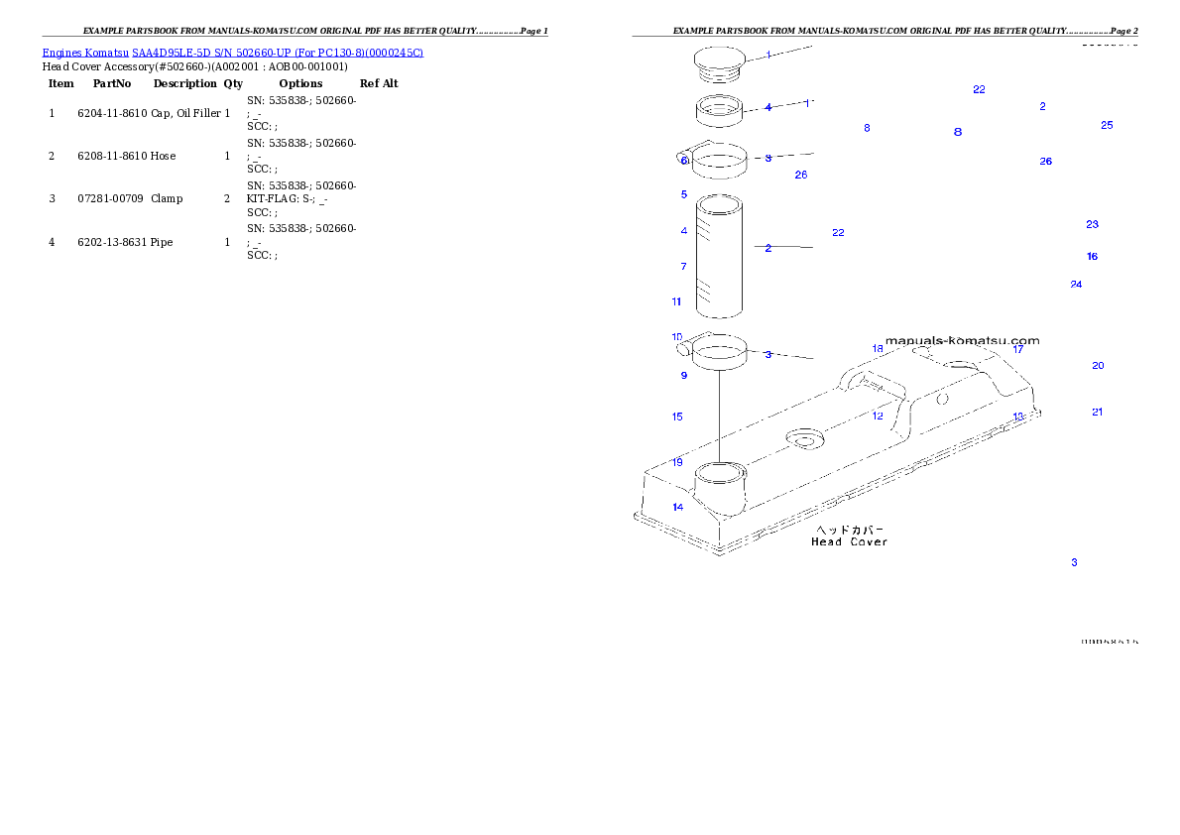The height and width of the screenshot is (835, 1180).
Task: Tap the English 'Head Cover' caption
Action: [849, 542]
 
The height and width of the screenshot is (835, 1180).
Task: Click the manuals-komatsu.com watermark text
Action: [962, 340]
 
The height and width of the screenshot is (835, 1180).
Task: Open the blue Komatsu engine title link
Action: [232, 53]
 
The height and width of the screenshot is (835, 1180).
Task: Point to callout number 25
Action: [1107, 125]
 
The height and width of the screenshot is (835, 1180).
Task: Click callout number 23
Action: [1092, 225]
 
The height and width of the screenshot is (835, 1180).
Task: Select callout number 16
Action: [1092, 257]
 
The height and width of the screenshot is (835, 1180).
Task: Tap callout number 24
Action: [1076, 285]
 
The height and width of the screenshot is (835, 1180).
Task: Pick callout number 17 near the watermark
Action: [1017, 349]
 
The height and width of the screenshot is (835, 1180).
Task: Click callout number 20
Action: [1098, 366]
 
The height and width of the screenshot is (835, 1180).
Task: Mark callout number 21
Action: [1097, 413]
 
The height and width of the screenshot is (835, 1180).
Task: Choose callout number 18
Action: [878, 348]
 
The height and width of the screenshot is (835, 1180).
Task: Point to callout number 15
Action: [677, 417]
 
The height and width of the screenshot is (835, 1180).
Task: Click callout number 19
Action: [677, 462]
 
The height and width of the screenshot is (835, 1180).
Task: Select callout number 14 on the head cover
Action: [678, 508]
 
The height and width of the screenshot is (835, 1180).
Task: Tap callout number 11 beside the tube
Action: [676, 301]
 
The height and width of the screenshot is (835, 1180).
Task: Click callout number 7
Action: [683, 267]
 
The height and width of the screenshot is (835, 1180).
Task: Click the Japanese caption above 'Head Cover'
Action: [849, 530]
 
